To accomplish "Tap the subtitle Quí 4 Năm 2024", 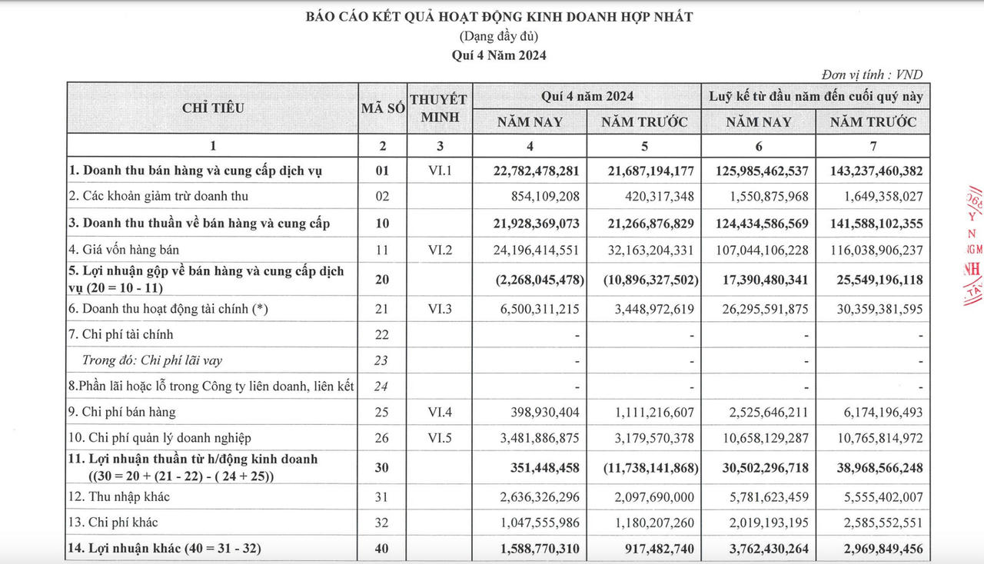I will pos(500,55).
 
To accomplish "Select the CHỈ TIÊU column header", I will pos(213,108).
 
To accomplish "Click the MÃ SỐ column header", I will pos(383,108).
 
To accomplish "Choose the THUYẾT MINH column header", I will pos(438,108).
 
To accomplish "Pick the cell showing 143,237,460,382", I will pos(871,171).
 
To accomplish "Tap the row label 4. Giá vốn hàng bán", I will pos(125,250).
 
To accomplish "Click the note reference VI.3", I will pos(438,308).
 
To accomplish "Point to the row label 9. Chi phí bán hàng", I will pos(122,412).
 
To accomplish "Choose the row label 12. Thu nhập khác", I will pos(119,496).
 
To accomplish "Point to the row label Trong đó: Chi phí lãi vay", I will pos(152,360).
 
